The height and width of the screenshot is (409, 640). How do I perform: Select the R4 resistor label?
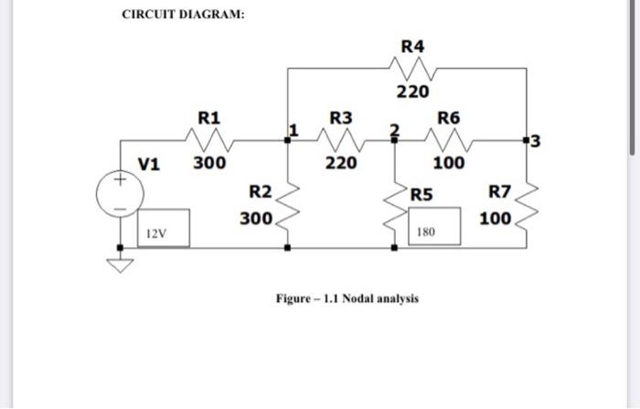(412, 46)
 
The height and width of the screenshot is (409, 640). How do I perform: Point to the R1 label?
(208, 117)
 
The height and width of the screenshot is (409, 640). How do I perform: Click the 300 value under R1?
(208, 164)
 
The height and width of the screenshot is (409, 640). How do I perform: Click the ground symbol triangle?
(120, 265)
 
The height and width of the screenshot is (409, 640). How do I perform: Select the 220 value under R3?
(341, 164)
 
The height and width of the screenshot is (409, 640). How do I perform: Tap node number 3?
(536, 141)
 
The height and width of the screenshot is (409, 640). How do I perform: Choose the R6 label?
(449, 117)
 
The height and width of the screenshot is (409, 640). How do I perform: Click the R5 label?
(421, 193)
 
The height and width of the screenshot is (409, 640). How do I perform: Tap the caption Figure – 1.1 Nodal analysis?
(347, 298)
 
